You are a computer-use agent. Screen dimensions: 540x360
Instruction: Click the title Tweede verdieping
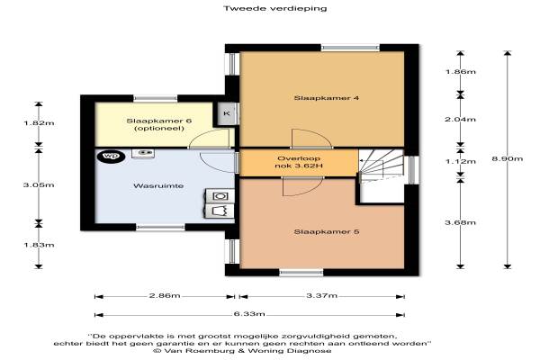coord(274,8)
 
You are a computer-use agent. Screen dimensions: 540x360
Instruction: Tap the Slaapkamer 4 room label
coord(326,98)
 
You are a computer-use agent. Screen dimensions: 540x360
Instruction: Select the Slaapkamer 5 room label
coord(326,232)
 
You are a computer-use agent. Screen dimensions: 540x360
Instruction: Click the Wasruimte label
coord(158,186)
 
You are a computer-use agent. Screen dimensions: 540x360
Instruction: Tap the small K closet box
coord(227,113)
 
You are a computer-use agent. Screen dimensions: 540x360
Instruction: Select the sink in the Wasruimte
coord(143,153)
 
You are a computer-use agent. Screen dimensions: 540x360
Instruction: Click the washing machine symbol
coord(220,196)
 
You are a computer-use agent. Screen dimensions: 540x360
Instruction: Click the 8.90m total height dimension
coord(507,158)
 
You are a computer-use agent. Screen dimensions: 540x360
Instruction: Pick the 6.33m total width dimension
coord(249,314)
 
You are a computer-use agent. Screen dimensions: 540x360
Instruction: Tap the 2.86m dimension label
coord(165,296)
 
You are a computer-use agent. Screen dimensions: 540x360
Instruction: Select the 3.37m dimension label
coord(321,295)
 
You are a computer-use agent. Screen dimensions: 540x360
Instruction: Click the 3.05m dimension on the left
coord(39,185)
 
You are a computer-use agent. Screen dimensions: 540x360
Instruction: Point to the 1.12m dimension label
coord(461,161)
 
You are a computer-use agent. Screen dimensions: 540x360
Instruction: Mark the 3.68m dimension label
coord(461,222)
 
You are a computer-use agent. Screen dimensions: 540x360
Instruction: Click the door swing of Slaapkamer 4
coord(310,137)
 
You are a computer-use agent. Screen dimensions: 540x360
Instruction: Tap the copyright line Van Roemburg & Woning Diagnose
coord(242,351)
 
